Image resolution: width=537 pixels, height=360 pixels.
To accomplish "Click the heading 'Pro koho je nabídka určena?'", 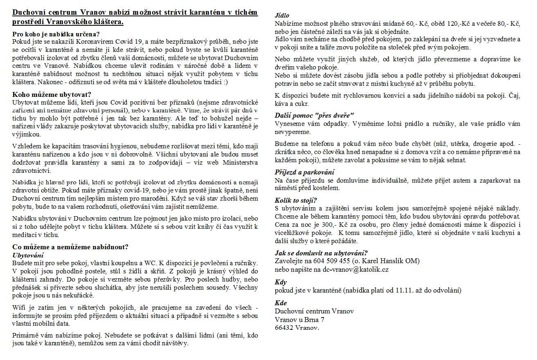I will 56,34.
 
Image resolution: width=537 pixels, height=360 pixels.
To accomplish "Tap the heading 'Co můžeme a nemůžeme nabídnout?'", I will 71,247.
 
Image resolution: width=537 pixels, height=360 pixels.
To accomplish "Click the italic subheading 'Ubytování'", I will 28,255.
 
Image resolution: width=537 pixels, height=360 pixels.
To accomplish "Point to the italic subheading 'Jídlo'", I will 283,16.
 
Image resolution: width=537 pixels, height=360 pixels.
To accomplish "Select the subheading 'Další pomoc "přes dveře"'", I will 315,116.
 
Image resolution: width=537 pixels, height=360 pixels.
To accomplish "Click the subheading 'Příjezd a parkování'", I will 304,172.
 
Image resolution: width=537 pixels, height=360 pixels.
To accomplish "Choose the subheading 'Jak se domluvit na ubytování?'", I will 321,253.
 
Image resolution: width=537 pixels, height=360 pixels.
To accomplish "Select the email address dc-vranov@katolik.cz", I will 355,270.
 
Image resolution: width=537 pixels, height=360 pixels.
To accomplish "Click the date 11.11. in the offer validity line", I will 404,291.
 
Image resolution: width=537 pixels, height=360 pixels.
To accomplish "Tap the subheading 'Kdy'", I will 281,282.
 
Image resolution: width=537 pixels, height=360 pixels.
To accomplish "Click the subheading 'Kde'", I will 281,303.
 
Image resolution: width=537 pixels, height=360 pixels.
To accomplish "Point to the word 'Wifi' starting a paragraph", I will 19,307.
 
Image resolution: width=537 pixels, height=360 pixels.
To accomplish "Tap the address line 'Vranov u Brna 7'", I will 300,320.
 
